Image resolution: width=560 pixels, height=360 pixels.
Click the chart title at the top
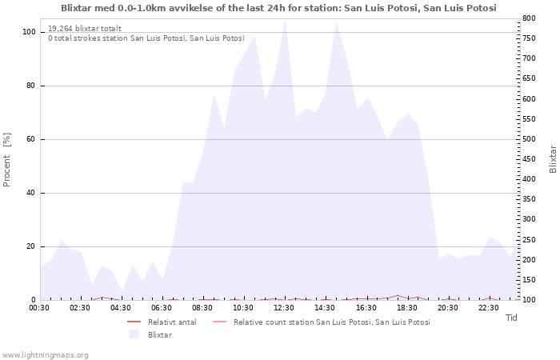(278, 8)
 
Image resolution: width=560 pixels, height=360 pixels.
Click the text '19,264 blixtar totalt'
(85, 29)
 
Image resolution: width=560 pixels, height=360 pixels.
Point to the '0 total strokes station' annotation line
(146, 38)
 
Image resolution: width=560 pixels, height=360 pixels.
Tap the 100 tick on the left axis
(29, 32)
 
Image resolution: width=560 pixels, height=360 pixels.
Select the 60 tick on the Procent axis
(30, 139)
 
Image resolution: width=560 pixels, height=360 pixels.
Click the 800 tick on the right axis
(529, 18)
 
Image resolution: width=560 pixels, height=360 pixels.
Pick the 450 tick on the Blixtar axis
(529, 159)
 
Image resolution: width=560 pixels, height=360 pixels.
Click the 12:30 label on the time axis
(284, 308)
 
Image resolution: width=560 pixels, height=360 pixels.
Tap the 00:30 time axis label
(39, 308)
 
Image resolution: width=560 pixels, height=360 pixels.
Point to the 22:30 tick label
(489, 308)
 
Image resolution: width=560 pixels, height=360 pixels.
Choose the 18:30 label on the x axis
(406, 308)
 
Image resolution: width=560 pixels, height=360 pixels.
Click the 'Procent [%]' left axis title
(6, 160)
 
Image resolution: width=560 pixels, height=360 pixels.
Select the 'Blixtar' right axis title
(553, 159)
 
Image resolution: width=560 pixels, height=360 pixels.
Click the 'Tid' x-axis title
(511, 318)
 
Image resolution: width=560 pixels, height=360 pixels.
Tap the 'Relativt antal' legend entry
(162, 322)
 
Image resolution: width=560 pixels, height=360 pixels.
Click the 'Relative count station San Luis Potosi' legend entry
(322, 322)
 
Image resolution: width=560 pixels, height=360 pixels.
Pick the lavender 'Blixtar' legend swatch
(134, 334)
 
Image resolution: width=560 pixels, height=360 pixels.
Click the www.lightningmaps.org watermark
(44, 355)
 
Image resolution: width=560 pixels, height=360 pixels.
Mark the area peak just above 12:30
(285, 19)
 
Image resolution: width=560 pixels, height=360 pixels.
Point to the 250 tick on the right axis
(529, 240)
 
